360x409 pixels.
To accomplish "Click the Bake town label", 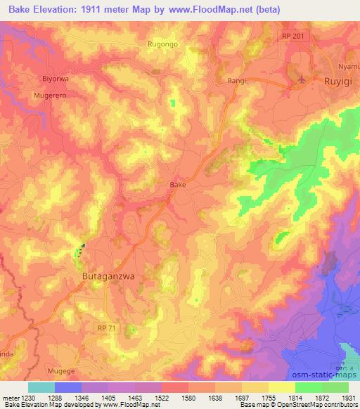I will point(179,185).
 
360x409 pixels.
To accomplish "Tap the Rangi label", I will point(236,81).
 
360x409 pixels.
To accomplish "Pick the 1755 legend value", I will point(257,397).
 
